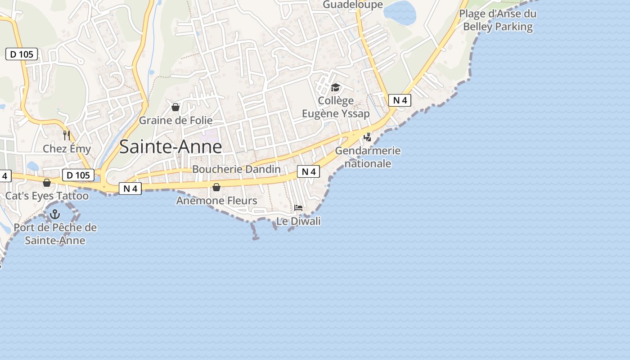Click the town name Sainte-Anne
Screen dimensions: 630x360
tap(171, 147)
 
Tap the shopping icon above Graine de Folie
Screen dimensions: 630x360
tap(175, 107)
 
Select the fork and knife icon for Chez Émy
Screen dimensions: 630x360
tap(67, 135)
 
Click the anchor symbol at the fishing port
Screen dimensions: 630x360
tap(55, 214)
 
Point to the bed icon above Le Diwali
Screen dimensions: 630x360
tap(298, 207)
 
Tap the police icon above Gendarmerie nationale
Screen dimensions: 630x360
tap(368, 137)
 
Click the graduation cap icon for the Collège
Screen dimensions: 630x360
tap(335, 87)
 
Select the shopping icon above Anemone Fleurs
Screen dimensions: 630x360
tap(216, 187)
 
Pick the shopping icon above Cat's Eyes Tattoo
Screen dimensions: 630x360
tap(46, 183)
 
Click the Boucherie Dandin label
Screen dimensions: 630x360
tap(236, 169)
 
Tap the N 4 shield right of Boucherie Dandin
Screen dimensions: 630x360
tap(308, 171)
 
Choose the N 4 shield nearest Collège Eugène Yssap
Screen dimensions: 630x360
tap(400, 100)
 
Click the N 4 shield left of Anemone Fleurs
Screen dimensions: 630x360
tap(130, 189)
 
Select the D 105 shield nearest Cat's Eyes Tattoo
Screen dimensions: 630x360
tap(78, 175)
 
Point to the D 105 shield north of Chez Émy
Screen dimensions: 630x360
tap(22, 54)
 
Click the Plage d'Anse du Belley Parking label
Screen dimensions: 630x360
tap(498, 20)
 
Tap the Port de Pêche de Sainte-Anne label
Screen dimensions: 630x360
tap(55, 234)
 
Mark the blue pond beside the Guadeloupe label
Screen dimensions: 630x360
tap(400, 13)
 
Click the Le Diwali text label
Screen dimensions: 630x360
tap(298, 221)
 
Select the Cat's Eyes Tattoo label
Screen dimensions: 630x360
tap(47, 196)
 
